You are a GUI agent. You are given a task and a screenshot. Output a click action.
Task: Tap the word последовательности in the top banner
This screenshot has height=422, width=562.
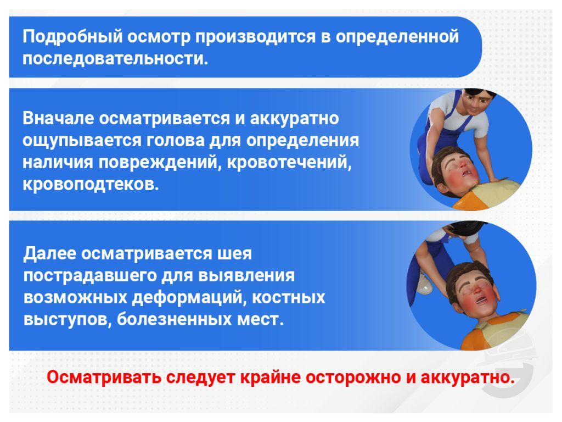(x=115, y=59)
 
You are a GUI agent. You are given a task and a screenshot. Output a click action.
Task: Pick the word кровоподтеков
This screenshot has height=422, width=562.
(x=91, y=184)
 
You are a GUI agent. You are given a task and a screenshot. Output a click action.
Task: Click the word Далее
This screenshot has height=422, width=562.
(x=50, y=254)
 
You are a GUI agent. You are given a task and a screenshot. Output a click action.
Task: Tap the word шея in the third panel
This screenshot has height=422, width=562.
(x=235, y=254)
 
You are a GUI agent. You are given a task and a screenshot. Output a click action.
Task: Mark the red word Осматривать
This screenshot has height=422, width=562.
(x=104, y=377)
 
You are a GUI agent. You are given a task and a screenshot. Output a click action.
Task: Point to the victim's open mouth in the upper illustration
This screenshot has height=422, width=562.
(x=466, y=173)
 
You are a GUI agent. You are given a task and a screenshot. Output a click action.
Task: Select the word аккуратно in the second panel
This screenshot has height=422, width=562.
(x=294, y=119)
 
